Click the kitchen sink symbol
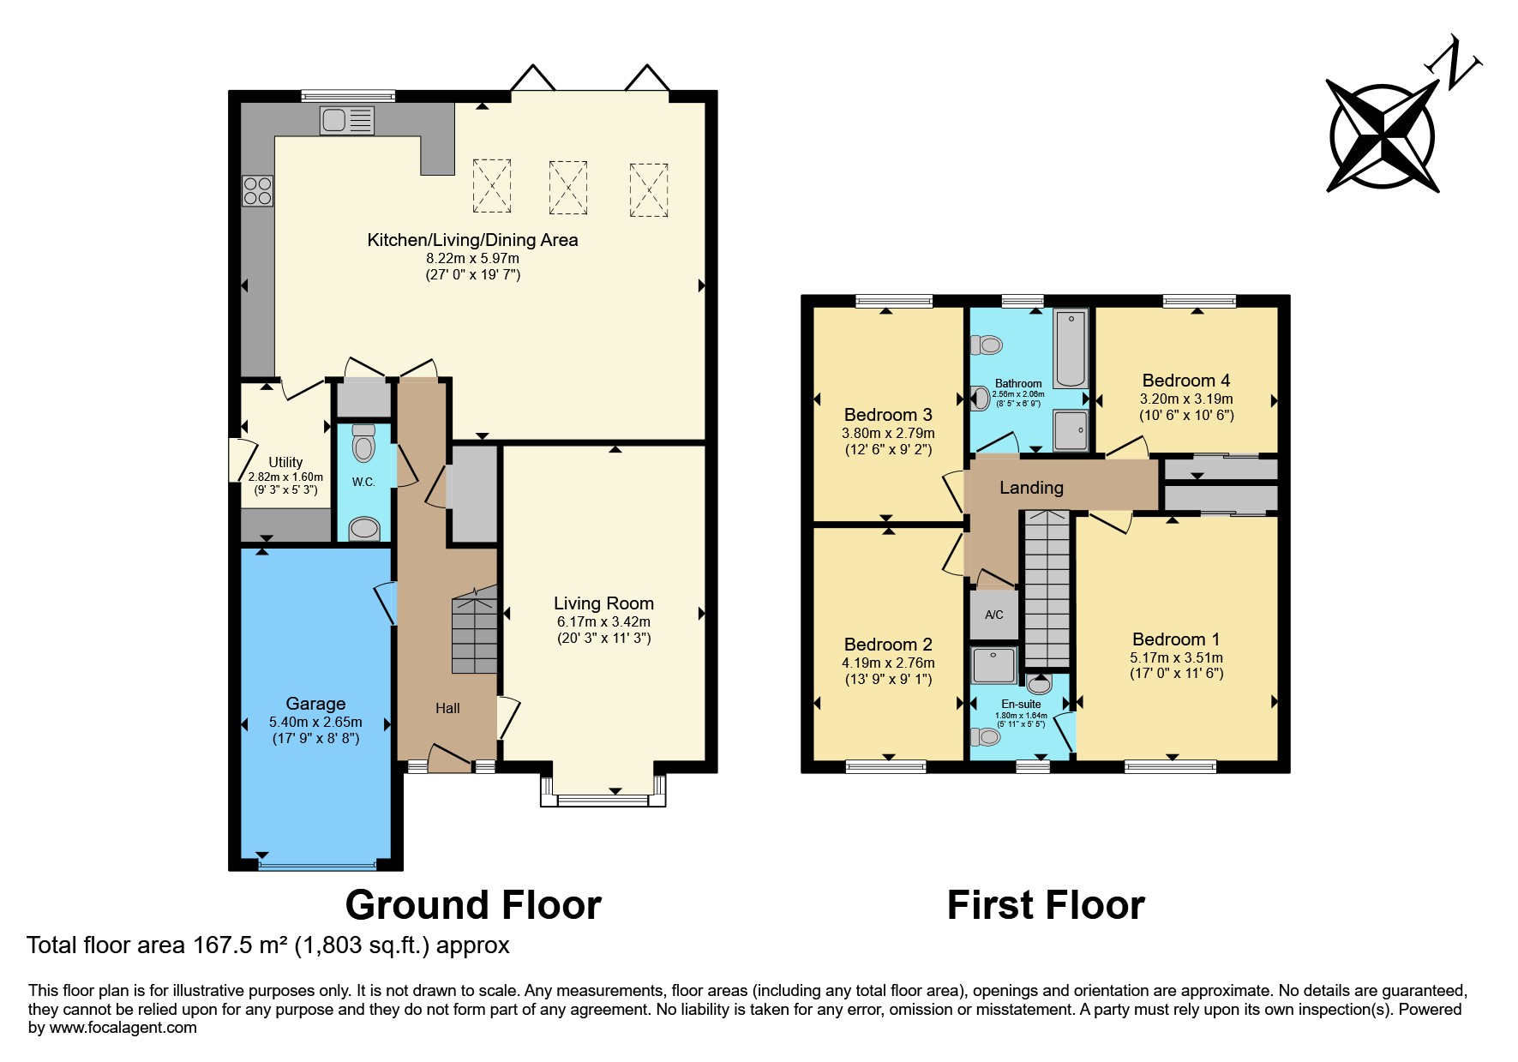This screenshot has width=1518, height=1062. pyautogui.click(x=347, y=120)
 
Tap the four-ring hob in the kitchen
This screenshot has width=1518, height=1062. pyautogui.click(x=257, y=190)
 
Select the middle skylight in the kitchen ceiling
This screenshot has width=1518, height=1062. pyautogui.click(x=567, y=187)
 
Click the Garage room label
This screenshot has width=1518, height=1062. pyautogui.click(x=315, y=704)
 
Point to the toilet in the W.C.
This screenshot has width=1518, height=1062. pyautogui.click(x=363, y=444)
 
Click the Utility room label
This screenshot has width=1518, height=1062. pyautogui.click(x=285, y=462)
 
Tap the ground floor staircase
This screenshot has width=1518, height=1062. pyautogui.click(x=474, y=630)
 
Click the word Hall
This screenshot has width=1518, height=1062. pyautogui.click(x=447, y=708)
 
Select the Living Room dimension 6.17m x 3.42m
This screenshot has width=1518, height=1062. pyautogui.click(x=603, y=621)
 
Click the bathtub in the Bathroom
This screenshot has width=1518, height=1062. pyautogui.click(x=1071, y=349)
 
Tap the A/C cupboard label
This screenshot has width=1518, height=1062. pyautogui.click(x=994, y=615)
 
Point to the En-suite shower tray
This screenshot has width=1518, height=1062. pyautogui.click(x=993, y=666)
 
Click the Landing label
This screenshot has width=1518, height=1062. pyautogui.click(x=1031, y=488)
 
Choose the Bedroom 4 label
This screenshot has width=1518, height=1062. pyautogui.click(x=1186, y=381)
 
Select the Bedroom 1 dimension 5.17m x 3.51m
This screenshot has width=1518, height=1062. pyautogui.click(x=1176, y=657)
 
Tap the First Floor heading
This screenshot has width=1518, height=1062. pyautogui.click(x=1046, y=905)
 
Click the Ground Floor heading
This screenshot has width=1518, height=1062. pyautogui.click(x=473, y=905)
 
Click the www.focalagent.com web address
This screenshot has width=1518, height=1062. pyautogui.click(x=123, y=1028)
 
